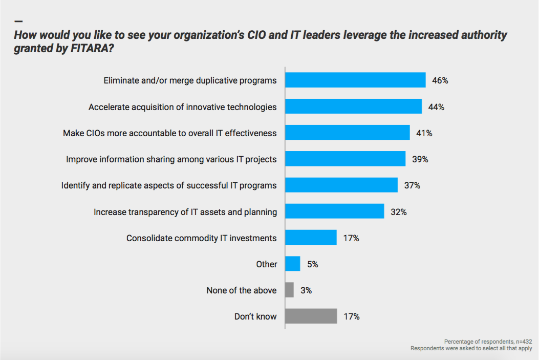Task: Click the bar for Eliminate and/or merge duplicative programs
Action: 355,80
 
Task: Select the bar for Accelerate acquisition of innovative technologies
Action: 353,107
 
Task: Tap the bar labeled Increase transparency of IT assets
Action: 334,211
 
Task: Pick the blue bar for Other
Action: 292,264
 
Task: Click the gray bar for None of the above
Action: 289,290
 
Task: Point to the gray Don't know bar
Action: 311,316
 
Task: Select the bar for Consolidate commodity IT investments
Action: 311,238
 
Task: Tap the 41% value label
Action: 424,133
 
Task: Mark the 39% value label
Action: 420,159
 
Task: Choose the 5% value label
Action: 312,264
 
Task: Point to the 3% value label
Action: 306,290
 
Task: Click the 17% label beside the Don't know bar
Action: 352,316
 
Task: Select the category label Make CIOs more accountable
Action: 169,133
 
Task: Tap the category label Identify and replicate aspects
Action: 169,185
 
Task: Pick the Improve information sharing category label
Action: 171,159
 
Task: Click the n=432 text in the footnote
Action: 522,342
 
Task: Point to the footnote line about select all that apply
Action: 471,348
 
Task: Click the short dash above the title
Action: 19,22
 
